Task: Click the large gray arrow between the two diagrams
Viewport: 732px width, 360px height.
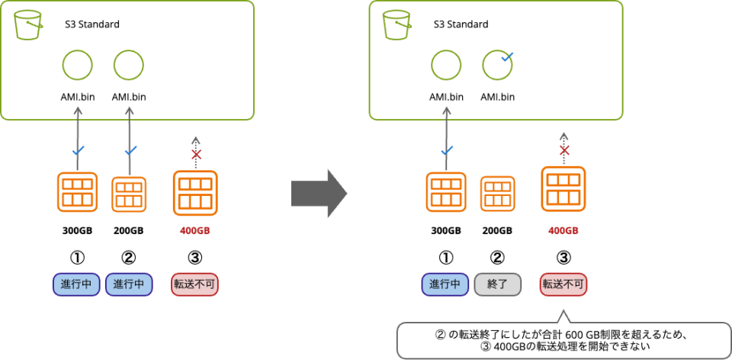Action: (x=318, y=194)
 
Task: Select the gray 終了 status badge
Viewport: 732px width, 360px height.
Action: (x=497, y=284)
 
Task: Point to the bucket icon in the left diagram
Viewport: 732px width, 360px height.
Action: (x=27, y=24)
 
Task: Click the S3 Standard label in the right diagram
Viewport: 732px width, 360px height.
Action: (x=461, y=24)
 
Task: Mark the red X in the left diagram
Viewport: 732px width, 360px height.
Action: (x=195, y=155)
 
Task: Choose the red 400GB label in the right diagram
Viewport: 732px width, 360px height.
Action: (x=563, y=231)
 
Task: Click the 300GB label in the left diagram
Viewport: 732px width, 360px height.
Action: (x=77, y=231)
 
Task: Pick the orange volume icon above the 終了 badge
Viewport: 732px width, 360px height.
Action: (x=497, y=194)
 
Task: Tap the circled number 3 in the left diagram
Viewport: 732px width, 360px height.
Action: (x=194, y=257)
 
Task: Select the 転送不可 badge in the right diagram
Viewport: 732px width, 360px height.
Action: (x=563, y=284)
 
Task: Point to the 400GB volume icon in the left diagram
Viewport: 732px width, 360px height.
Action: (x=195, y=193)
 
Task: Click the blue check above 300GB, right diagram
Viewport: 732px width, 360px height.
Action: (x=447, y=150)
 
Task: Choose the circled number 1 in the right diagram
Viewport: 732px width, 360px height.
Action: (x=446, y=257)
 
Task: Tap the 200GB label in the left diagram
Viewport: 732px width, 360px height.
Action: (x=129, y=231)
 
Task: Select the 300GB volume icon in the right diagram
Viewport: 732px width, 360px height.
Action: (x=446, y=193)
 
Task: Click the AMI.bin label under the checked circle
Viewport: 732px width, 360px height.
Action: (x=497, y=97)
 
